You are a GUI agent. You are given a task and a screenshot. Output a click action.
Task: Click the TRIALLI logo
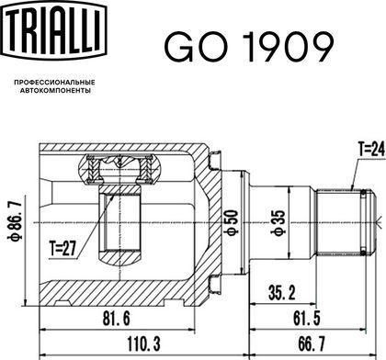[55, 30]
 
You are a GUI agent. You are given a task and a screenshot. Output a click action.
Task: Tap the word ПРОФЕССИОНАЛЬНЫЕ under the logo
[55, 83]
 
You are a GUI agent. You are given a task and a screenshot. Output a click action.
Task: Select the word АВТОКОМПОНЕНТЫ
[55, 91]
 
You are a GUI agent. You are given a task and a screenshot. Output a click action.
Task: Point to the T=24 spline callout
[371, 150]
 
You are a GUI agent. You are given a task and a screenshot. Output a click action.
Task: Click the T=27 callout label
[62, 248]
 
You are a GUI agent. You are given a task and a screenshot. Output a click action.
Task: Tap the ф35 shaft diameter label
[278, 223]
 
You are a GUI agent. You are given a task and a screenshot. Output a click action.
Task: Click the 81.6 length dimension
[117, 319]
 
